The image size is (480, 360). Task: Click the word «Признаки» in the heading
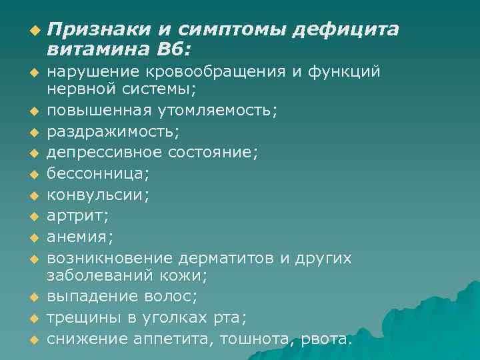99,29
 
